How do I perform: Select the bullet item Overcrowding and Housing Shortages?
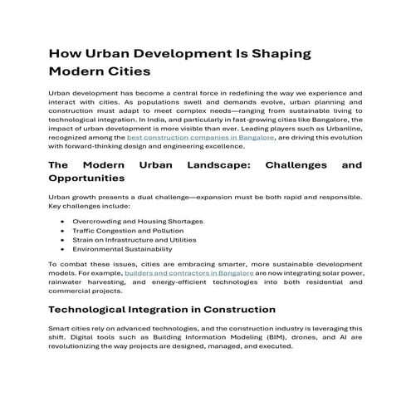click(137, 222)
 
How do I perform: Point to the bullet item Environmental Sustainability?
click(122, 249)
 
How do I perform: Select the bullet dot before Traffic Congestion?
click(64, 231)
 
